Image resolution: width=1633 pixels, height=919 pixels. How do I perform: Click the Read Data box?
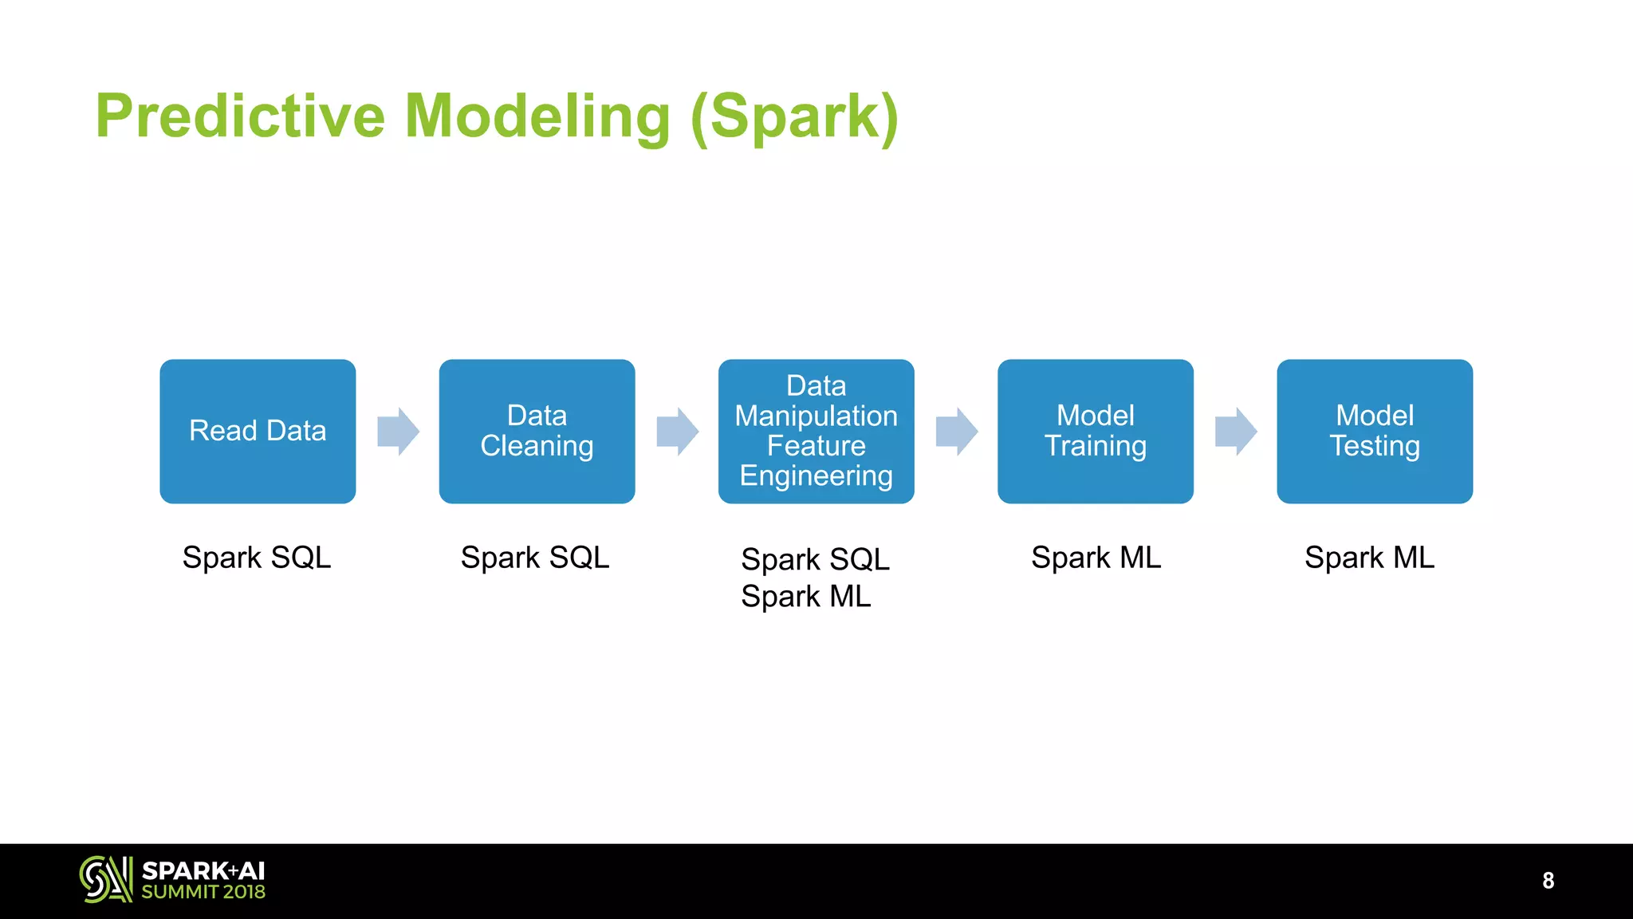click(x=258, y=431)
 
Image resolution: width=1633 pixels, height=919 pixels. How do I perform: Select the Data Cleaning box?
click(x=537, y=431)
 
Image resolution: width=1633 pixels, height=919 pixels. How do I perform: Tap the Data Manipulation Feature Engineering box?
click(x=816, y=431)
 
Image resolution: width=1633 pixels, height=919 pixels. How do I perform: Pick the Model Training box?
click(x=1095, y=431)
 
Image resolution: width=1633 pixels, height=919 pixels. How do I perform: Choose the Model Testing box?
click(x=1374, y=431)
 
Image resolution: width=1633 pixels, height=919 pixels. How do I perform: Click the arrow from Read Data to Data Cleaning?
click(x=398, y=432)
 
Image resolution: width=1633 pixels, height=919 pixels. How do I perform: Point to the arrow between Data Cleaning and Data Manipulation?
click(x=677, y=432)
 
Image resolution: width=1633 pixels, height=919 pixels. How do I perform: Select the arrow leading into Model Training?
click(x=956, y=432)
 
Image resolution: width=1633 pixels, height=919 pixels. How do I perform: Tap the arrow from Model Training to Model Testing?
click(x=1235, y=432)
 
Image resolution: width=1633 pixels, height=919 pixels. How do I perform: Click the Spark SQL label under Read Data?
click(x=256, y=557)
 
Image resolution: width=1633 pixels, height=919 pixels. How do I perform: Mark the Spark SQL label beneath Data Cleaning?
click(x=535, y=557)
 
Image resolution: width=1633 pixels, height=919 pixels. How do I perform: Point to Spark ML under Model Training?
click(x=1096, y=557)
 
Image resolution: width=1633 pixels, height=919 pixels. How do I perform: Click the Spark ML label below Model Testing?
click(x=1369, y=557)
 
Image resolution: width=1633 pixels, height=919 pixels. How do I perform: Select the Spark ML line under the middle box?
click(x=805, y=597)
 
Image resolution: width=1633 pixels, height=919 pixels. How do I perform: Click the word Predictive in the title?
click(x=240, y=116)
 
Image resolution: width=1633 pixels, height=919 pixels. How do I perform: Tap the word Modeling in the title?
click(x=537, y=116)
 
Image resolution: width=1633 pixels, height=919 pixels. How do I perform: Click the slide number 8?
click(x=1548, y=881)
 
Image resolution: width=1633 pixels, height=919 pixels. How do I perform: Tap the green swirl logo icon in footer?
click(x=105, y=880)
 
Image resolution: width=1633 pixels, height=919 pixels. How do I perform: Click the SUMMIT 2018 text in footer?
click(x=203, y=893)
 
